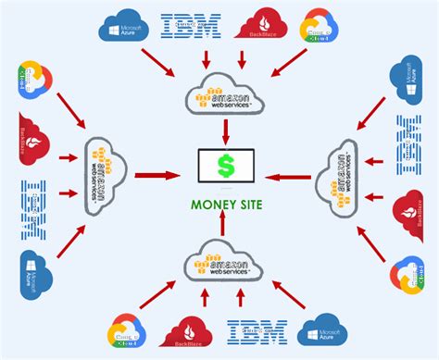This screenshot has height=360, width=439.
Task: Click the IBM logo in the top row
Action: tap(191, 25)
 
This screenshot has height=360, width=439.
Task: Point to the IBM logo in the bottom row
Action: tap(257, 331)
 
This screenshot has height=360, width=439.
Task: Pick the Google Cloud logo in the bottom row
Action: tap(129, 333)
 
